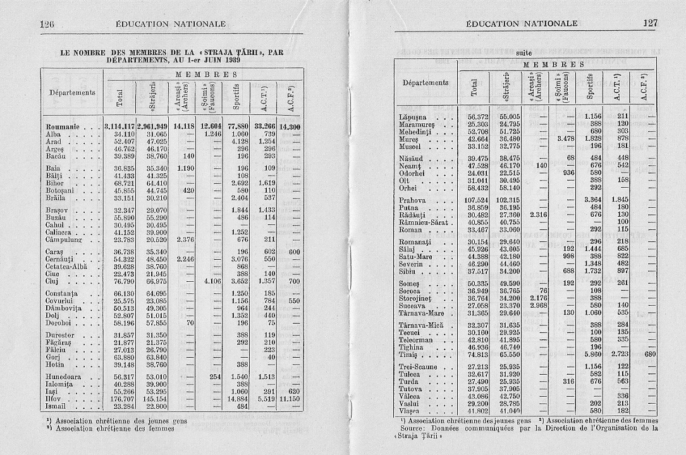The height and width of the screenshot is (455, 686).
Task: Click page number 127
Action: [649, 23]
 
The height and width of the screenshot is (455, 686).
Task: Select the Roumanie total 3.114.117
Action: [119, 126]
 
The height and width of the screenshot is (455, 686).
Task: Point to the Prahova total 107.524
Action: [477, 200]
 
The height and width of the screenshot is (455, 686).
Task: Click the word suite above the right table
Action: [525, 54]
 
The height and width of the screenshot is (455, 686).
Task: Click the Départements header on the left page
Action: [73, 92]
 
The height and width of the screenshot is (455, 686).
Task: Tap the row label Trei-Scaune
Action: [421, 366]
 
